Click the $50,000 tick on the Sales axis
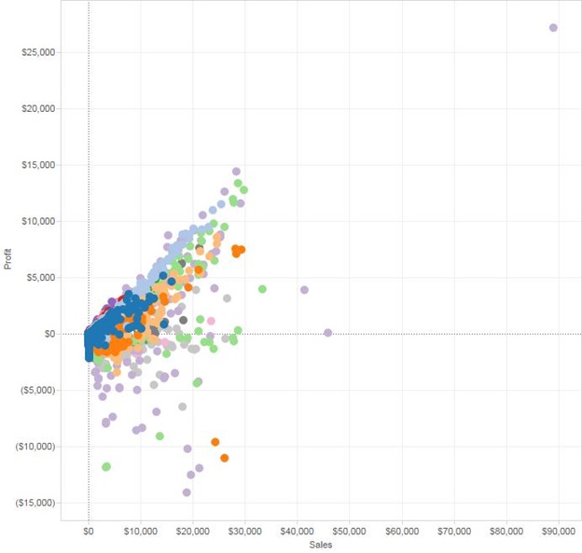click(x=349, y=532)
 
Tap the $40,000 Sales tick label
click(x=297, y=532)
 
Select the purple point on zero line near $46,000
click(x=327, y=333)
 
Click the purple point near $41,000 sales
click(x=304, y=290)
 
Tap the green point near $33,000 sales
click(x=262, y=289)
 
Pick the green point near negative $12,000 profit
click(x=106, y=466)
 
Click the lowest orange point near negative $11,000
click(x=225, y=458)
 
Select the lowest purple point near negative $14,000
click(x=187, y=492)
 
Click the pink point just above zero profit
click(x=211, y=321)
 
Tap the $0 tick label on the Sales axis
click(x=89, y=532)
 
